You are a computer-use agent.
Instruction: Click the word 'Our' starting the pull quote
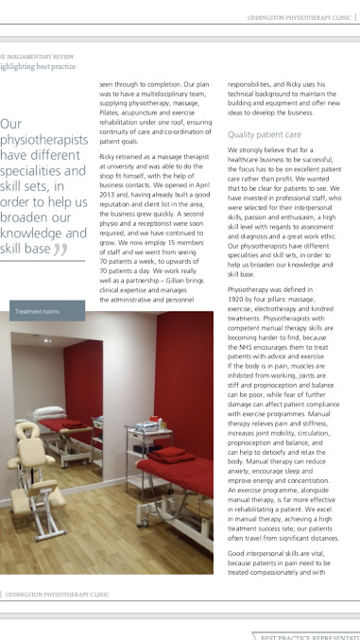coord(12,124)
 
